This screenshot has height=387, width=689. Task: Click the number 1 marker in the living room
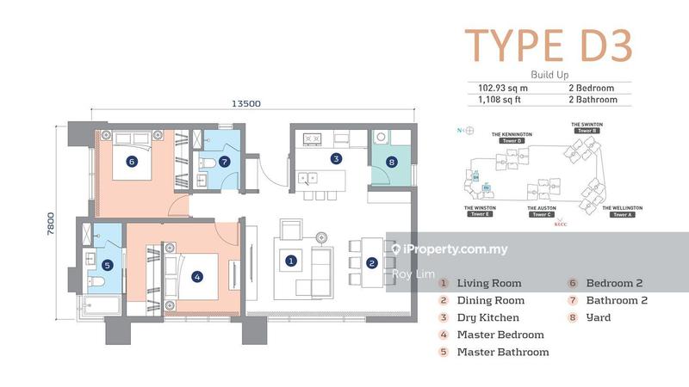point(291,260)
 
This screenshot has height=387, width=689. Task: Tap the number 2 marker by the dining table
point(371,263)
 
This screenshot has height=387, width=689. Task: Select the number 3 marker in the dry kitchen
point(336,158)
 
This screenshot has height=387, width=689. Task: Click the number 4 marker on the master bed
point(197,277)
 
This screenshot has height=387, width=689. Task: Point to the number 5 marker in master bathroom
point(108,267)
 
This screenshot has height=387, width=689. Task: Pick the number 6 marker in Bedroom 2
point(132,161)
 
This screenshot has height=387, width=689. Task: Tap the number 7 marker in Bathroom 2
point(225,161)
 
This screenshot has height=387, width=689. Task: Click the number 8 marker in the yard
point(392,162)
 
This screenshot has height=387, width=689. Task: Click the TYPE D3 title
point(549,46)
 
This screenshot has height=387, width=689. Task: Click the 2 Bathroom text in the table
point(596,100)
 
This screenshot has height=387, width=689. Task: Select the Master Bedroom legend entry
point(500,335)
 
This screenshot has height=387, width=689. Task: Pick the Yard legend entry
point(599,317)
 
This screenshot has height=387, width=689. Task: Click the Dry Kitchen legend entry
point(487,317)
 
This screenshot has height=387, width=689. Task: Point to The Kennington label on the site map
point(512,135)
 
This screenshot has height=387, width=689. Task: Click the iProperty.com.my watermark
point(450,249)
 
